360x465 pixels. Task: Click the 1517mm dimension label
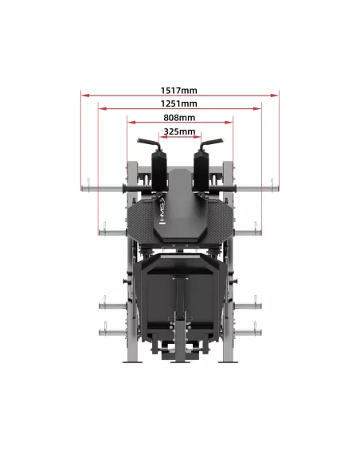click(x=179, y=90)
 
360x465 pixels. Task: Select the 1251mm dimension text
click(x=179, y=104)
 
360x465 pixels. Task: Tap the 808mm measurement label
click(x=179, y=117)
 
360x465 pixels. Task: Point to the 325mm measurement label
click(x=179, y=131)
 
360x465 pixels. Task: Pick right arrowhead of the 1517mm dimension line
click(x=275, y=96)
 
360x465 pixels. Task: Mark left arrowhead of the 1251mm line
click(x=103, y=109)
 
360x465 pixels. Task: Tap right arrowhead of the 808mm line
click(x=229, y=122)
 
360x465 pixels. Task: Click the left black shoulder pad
click(x=159, y=171)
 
